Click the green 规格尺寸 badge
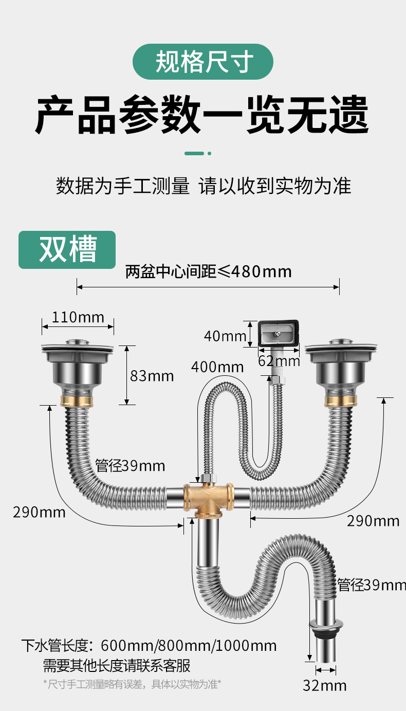203,62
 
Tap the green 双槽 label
67,250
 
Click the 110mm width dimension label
78,317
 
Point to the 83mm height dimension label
152,376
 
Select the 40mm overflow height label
225,336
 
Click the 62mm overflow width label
279,361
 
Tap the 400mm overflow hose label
217,367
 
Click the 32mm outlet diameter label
325,685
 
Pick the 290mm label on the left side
40,512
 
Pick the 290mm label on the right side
373,521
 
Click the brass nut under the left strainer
77,400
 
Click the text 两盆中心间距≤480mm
208,271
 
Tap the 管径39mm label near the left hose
130,466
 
